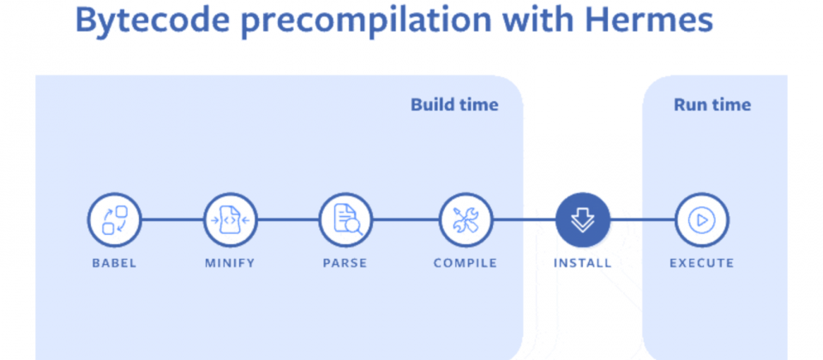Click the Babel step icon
click(x=114, y=220)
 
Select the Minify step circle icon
click(x=230, y=220)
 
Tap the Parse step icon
click(x=346, y=220)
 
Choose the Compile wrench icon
click(x=466, y=220)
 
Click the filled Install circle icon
click(x=583, y=220)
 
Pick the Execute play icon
click(x=701, y=220)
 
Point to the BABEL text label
click(x=114, y=263)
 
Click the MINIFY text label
click(x=230, y=263)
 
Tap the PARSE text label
click(x=346, y=263)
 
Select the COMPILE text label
click(x=466, y=263)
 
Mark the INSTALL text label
click(x=583, y=263)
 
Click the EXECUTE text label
click(x=701, y=263)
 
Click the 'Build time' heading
click(x=454, y=105)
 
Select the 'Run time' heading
click(x=712, y=105)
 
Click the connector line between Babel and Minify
click(x=171, y=220)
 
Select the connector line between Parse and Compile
click(x=405, y=220)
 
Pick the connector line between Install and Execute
click(x=642, y=220)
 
